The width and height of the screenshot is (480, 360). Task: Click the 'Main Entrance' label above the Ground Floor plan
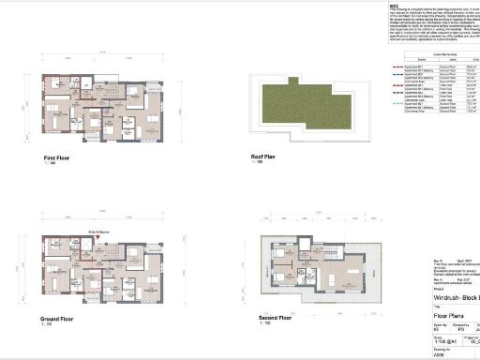(100, 230)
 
